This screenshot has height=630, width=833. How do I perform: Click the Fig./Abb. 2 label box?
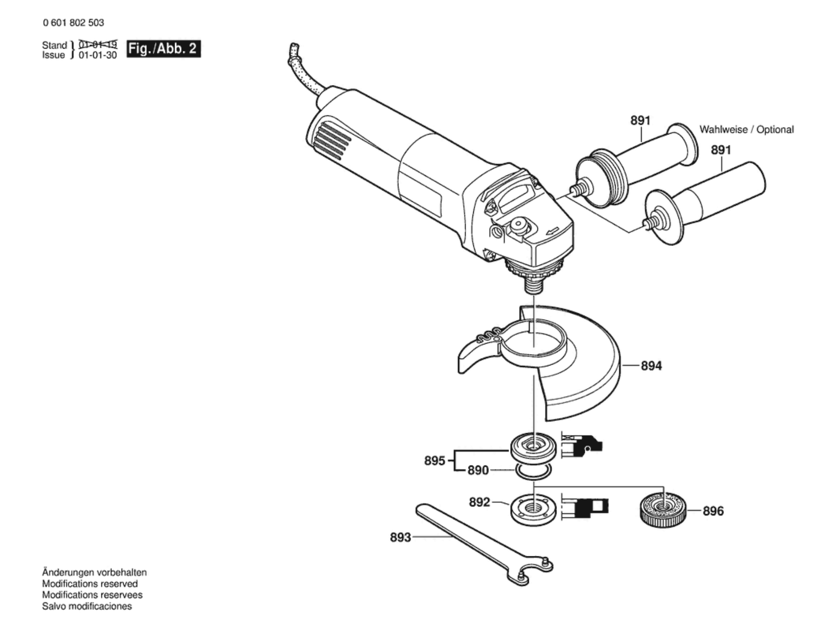tap(163, 49)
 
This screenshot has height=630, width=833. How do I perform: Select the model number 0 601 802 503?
tap(73, 23)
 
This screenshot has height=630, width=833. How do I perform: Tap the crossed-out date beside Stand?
tap(98, 45)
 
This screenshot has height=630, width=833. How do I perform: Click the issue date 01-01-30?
tap(98, 55)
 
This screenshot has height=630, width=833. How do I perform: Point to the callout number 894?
tap(651, 365)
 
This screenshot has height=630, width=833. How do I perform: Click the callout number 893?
tap(400, 537)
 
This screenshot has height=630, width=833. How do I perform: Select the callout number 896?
tap(713, 511)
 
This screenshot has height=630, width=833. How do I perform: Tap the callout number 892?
tap(479, 502)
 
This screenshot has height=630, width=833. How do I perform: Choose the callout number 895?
tap(434, 460)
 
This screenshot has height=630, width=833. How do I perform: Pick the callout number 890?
tap(478, 470)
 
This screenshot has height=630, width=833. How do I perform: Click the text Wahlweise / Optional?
tap(746, 130)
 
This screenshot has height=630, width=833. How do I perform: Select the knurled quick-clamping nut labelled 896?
tap(662, 510)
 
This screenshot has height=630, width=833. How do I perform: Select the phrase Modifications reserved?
tap(90, 584)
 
